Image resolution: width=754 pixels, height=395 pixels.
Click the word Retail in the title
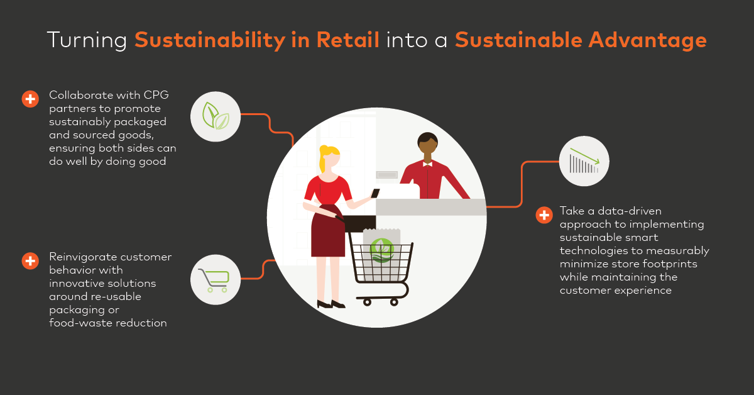(347, 40)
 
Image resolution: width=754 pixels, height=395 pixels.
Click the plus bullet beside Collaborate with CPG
(30, 98)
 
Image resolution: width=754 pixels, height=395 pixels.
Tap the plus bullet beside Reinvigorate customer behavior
(30, 260)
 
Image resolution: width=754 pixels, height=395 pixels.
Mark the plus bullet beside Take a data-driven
(544, 215)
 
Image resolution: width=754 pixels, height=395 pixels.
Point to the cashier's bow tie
(427, 164)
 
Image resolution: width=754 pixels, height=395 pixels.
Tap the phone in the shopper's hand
(374, 194)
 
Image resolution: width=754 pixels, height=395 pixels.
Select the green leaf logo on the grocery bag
(381, 250)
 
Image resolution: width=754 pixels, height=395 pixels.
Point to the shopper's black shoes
(331, 304)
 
